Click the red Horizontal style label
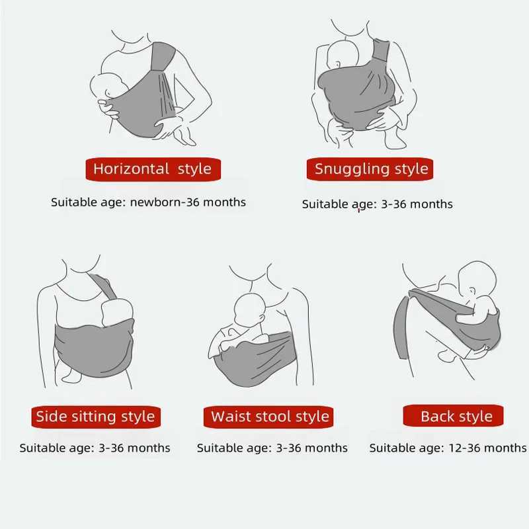(152, 169)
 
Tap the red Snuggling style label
(371, 169)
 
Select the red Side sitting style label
(95, 417)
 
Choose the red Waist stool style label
(270, 417)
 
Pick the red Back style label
(456, 417)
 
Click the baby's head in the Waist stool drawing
(248, 308)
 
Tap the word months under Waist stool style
(325, 448)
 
